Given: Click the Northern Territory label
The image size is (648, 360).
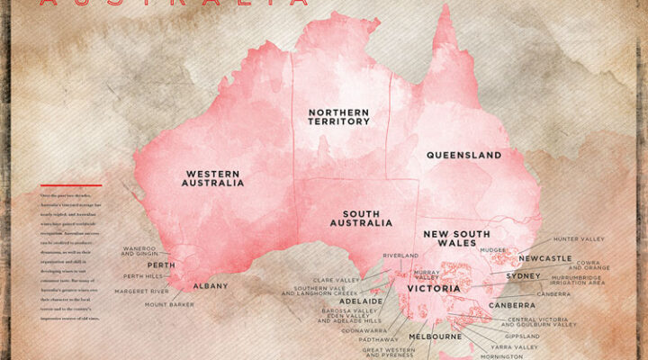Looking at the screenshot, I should pyautogui.click(x=338, y=119).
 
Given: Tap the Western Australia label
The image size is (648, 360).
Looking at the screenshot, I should pyautogui.click(x=214, y=177).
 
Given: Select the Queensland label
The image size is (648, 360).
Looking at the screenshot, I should pyautogui.click(x=463, y=155).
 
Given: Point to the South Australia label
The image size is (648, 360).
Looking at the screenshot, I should pyautogui.click(x=361, y=217).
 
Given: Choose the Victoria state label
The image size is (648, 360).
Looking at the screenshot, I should pyautogui.click(x=434, y=289).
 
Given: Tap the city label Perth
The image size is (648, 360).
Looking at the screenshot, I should pyautogui.click(x=161, y=265).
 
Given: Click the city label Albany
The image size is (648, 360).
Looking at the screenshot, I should pyautogui.click(x=211, y=286).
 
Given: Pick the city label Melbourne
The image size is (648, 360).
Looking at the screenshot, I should pyautogui.click(x=436, y=337).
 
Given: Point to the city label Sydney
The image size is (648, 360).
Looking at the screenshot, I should pyautogui.click(x=523, y=275).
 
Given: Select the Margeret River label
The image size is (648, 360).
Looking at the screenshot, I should pyautogui.click(x=140, y=292).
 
